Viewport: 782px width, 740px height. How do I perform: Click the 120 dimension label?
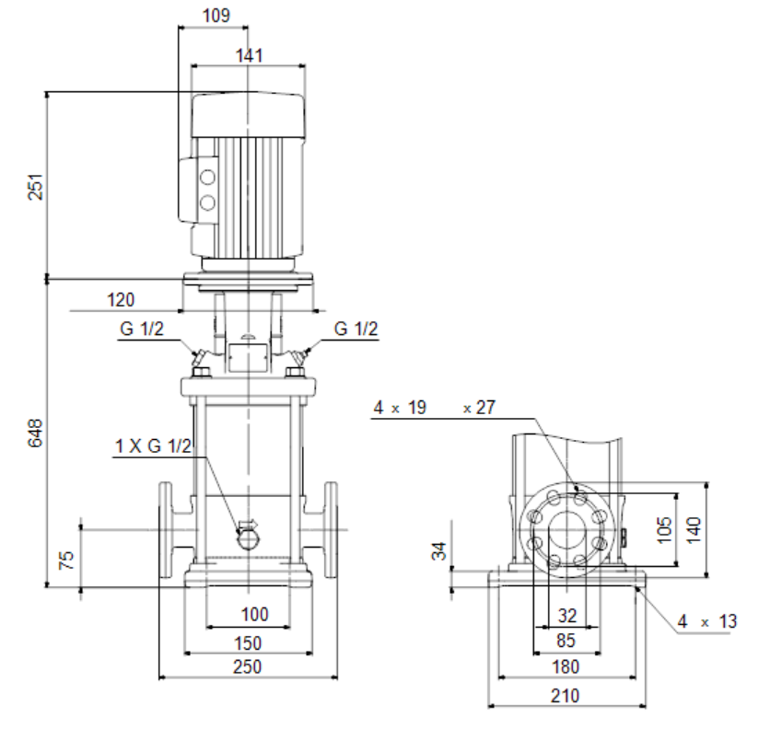pyautogui.click(x=121, y=300)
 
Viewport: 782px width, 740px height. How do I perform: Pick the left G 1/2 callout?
pyautogui.click(x=141, y=330)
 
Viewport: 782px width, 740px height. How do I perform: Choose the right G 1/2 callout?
pyautogui.click(x=356, y=330)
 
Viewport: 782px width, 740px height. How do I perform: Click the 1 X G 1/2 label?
pyautogui.click(x=153, y=447)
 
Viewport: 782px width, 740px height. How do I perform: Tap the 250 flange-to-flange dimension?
pyautogui.click(x=248, y=666)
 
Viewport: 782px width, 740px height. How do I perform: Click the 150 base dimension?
pyautogui.click(x=248, y=642)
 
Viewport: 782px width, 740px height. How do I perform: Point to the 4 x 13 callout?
pyautogui.click(x=707, y=622)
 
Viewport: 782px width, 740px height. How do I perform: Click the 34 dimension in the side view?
pyautogui.click(x=439, y=551)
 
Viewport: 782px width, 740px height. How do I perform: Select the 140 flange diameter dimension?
pyautogui.click(x=694, y=528)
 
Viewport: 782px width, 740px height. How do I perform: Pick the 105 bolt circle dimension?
pyautogui.click(x=666, y=529)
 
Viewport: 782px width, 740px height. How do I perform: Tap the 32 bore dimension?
pyautogui.click(x=566, y=616)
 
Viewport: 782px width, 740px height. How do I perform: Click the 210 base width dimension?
pyautogui.click(x=565, y=696)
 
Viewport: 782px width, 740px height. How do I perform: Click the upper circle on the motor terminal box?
pyautogui.click(x=207, y=177)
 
